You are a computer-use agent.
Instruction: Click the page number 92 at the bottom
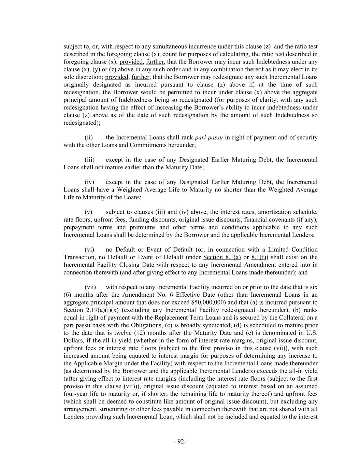[180, 441]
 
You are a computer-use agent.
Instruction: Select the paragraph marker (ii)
[89, 138]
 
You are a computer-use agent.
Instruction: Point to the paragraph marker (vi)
[89, 250]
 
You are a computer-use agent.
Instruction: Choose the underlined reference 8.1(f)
[259, 257]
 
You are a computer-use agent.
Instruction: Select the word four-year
[76, 394]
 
